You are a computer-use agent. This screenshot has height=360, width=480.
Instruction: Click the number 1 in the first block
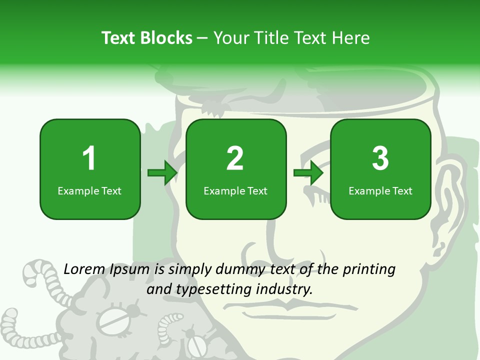click(x=89, y=158)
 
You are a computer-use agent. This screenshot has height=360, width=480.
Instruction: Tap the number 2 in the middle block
click(x=235, y=158)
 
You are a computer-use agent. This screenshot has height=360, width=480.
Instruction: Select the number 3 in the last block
click(x=380, y=158)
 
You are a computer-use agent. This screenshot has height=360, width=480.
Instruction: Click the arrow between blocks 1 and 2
click(x=162, y=173)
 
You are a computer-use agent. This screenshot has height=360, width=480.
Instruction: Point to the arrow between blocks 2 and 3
click(x=308, y=173)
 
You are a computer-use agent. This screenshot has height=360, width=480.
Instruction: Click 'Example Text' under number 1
click(x=89, y=191)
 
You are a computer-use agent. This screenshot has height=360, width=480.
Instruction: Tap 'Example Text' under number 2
click(x=235, y=191)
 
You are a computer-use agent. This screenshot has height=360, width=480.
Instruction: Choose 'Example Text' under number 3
click(x=380, y=191)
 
